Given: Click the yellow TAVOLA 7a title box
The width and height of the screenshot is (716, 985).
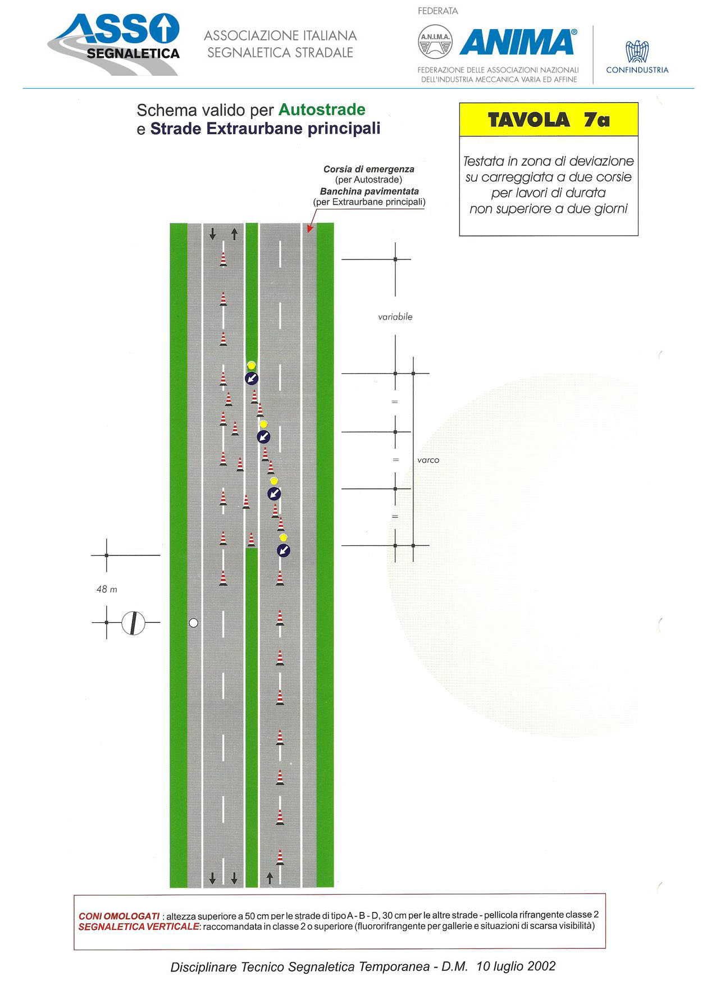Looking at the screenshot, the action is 549,120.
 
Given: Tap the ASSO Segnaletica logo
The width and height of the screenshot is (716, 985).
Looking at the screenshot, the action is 114,44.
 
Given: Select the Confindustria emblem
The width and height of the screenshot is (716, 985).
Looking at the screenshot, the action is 637,51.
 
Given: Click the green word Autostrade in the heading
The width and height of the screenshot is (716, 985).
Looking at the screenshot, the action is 322,110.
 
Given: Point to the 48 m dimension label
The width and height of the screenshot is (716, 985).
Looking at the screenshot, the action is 107,589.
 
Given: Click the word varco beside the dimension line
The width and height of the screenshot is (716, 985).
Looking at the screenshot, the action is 428,460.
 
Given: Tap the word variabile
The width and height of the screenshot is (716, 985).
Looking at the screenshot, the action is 395,317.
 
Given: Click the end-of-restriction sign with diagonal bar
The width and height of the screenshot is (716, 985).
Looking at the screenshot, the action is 133,623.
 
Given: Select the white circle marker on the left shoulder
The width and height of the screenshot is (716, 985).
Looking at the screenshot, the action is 194,623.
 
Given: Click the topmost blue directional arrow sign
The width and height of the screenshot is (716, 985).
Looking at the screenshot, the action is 252,379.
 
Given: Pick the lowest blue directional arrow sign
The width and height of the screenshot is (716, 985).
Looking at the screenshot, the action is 284,550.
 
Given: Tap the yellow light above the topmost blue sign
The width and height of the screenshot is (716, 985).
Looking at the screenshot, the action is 252,365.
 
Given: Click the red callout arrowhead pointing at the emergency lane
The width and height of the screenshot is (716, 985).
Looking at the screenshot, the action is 309,229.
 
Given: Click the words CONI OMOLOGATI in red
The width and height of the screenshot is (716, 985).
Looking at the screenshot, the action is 119,916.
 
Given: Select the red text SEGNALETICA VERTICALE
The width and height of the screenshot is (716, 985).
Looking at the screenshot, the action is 139,927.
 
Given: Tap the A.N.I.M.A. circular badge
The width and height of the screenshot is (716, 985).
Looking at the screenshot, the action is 435,42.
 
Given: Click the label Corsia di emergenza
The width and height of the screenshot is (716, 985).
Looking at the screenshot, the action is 369,169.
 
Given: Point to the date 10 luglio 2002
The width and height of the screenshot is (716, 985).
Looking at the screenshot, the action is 516,966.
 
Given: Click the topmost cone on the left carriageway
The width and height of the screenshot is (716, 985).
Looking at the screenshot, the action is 223,259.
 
